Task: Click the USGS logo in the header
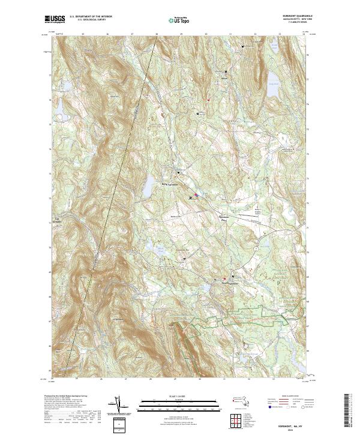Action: [x=55, y=19]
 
